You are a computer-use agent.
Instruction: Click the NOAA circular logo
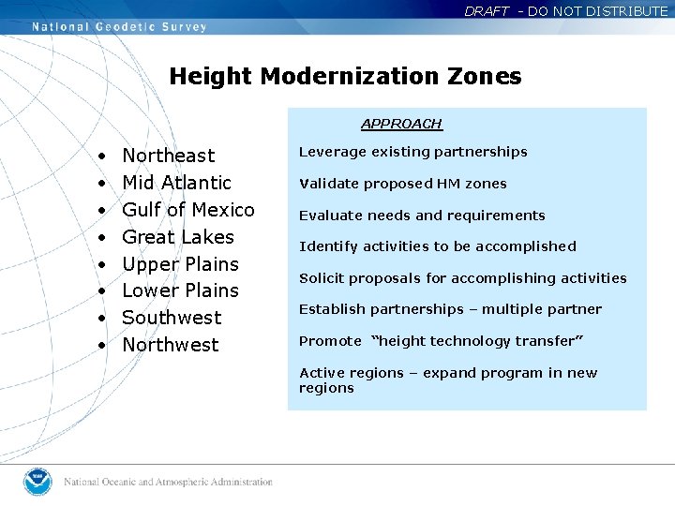38,482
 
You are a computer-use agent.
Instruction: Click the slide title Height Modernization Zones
345,76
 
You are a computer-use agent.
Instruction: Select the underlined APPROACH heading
401,124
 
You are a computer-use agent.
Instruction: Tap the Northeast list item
169,156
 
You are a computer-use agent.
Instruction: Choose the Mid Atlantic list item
176,183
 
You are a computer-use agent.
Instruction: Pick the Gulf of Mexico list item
188,210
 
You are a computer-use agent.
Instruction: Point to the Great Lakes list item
178,237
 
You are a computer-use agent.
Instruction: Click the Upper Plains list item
181,264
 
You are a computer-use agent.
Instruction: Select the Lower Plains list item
181,290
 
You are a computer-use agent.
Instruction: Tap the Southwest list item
172,318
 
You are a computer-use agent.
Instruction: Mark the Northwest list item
171,345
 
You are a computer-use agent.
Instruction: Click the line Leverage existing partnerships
412,152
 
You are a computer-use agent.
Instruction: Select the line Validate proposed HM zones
402,184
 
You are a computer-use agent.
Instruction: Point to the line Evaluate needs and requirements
422,216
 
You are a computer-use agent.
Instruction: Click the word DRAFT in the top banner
487,11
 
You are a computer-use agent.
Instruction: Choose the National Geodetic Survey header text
119,27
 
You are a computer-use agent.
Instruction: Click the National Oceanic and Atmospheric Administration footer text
168,483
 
